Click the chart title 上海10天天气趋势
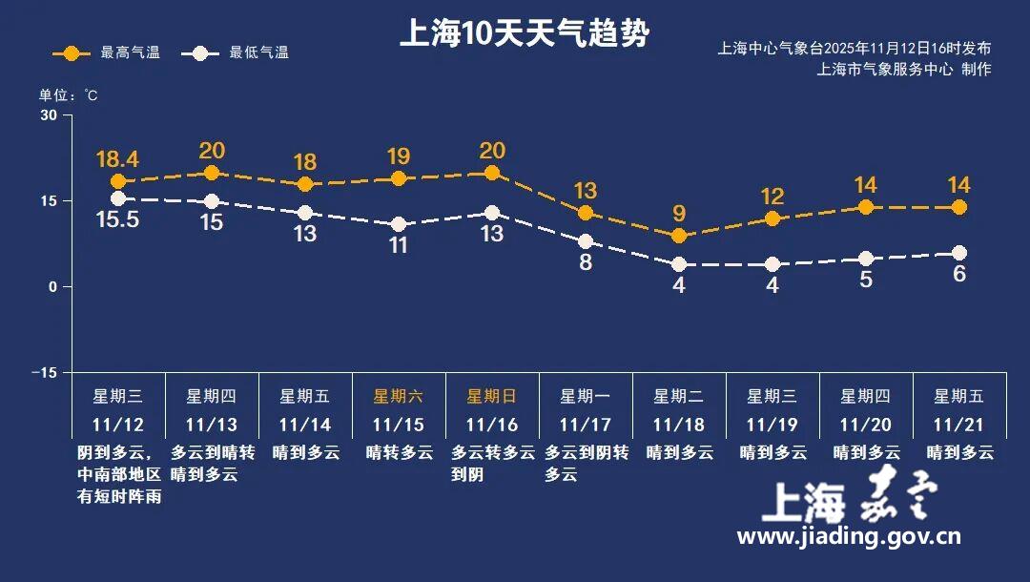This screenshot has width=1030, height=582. coord(524,35)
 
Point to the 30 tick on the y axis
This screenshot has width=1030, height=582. coord(49,115)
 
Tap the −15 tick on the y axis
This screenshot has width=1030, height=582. coord(45,372)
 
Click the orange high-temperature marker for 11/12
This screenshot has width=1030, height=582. coord(118,181)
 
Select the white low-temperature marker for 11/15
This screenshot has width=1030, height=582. coord(399,224)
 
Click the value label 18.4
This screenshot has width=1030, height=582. coord(118,157)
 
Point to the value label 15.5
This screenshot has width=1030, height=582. coord(118,219)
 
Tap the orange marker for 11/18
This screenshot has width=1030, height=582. coord(679,236)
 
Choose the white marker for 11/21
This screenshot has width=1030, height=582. coord(959,253)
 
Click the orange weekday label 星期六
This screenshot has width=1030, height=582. coord(398,396)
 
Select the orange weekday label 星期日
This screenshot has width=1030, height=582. coord(491,396)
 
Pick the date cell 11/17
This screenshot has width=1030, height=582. coord(585,425)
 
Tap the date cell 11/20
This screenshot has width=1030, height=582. coord(865,425)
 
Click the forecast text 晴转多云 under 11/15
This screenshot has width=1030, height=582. coord(399,452)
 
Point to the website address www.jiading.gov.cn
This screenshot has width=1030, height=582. coord(849,537)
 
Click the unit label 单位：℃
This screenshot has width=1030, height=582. coord(68,95)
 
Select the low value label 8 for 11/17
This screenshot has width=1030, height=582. coord(586,262)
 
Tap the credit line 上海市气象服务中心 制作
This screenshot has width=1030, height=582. coord(903,69)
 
